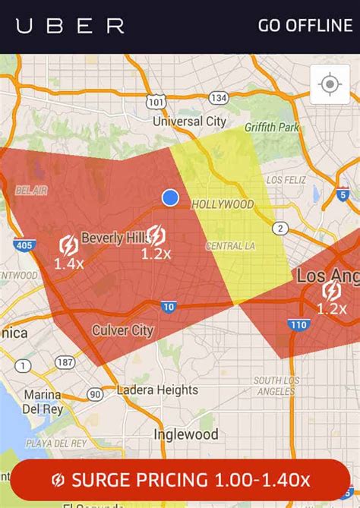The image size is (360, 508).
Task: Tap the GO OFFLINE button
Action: pos(305,25)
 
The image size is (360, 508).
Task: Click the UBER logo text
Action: pos(70,26)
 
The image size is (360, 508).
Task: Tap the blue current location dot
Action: pos(170,197)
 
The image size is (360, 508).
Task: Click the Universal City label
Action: pos(189,121)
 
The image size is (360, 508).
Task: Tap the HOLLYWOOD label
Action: pos(222,204)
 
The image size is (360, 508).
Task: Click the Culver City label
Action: pos(122,330)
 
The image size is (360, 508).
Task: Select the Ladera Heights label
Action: pos(157,390)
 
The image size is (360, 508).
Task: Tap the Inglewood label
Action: pos(185,435)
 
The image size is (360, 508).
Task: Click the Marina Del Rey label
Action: pos(42,402)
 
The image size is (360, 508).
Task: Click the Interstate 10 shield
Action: pos(169,306)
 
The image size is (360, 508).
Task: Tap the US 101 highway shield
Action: pos(156,100)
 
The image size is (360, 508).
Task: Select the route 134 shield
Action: pos(219,97)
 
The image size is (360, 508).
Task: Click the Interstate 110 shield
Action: pos(297,325)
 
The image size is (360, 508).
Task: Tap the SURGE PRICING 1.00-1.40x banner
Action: pos(180,480)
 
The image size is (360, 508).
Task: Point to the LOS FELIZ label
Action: pos(286,180)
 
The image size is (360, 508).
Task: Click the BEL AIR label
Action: pos(30,191)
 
